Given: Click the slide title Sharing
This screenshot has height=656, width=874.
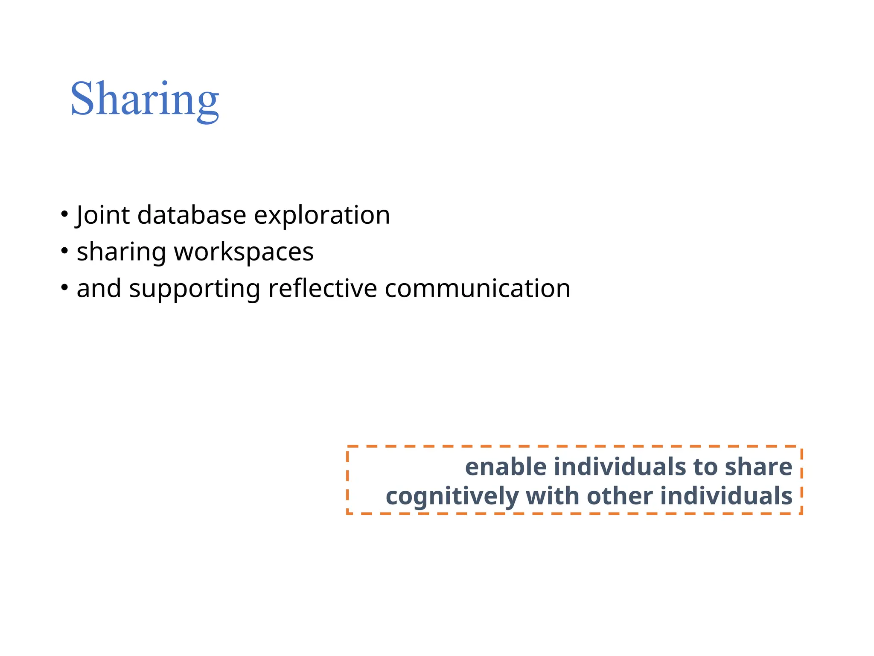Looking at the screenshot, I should (x=145, y=99).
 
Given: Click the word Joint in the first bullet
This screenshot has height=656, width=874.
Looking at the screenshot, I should (x=102, y=215).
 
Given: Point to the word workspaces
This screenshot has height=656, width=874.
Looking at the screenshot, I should (x=244, y=252).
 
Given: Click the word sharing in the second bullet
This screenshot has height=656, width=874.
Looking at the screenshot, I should (x=121, y=252).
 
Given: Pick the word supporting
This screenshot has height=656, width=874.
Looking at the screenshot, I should (x=195, y=289).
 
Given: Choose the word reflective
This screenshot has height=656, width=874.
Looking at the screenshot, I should (x=323, y=289).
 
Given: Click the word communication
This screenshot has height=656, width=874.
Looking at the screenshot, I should (x=478, y=289).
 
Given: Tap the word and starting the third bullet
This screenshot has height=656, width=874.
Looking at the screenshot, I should (x=99, y=289).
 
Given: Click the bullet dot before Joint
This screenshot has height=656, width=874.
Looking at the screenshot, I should (x=64, y=214).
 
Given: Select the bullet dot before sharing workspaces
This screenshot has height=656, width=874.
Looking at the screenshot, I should (x=64, y=251).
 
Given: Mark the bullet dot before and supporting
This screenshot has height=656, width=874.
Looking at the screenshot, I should (x=64, y=287).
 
